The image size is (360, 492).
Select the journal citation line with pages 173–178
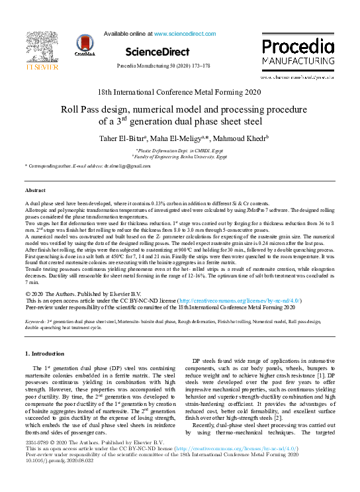(163, 67)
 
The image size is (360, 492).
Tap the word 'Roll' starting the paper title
(72, 109)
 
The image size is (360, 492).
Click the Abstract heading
(35, 189)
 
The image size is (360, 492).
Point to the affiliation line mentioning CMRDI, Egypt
(179, 151)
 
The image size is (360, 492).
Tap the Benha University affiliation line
(179, 158)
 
